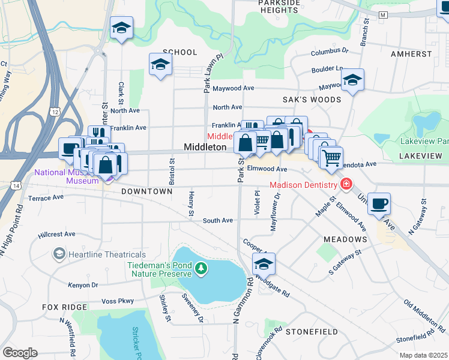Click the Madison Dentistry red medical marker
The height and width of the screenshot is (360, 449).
pos(346,184)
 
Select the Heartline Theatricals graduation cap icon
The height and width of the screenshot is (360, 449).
pos(59,254)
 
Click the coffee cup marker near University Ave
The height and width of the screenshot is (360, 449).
pos(378,203)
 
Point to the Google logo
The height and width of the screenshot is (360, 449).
pos(20,353)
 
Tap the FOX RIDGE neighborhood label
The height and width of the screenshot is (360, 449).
pos(65,307)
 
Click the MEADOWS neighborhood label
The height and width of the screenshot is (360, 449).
pos(345,239)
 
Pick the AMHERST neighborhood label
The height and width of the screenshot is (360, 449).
pos(411,54)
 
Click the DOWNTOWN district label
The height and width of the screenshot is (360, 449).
pos(146,191)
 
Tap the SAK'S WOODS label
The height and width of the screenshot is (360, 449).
pos(312,100)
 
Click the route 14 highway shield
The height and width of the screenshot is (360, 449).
pos(16,187)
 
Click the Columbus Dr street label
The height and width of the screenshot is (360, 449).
pos(330,53)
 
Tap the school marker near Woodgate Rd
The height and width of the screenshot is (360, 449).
pos(264,263)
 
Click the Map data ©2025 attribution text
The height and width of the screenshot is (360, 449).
pos(423,355)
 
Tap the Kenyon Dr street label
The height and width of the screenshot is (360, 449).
pos(82,284)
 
